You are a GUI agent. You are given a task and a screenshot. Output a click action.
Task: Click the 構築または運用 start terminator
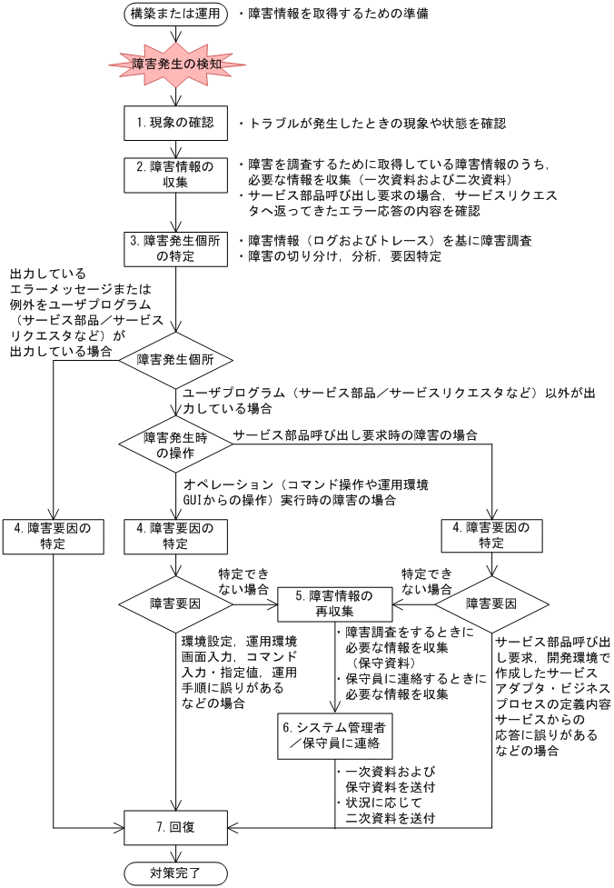pyautogui.click(x=176, y=15)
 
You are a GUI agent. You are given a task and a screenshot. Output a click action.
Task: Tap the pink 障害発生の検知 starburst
pyautogui.click(x=176, y=65)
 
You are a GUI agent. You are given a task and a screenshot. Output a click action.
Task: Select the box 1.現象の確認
pyautogui.click(x=175, y=123)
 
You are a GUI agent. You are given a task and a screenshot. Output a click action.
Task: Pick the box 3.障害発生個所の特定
pyautogui.click(x=175, y=248)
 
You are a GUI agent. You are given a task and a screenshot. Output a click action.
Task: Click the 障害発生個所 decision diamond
pyautogui.click(x=175, y=360)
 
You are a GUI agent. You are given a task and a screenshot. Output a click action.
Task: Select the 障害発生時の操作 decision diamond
pyautogui.click(x=175, y=444)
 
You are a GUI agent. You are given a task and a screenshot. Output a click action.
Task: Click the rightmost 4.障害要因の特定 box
pyautogui.click(x=491, y=535)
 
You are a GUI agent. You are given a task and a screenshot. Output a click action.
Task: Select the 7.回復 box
pyautogui.click(x=175, y=828)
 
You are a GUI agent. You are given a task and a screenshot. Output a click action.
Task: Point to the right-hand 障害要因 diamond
pyautogui.click(x=491, y=602)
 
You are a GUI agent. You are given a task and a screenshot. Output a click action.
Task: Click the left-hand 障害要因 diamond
pyautogui.click(x=175, y=602)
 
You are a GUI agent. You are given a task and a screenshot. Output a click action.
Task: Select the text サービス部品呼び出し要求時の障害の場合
pyautogui.click(x=355, y=435)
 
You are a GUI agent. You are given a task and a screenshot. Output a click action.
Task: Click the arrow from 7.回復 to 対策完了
pyautogui.click(x=175, y=852)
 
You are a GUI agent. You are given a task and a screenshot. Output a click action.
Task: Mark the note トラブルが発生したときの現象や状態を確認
pyautogui.click(x=371, y=124)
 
